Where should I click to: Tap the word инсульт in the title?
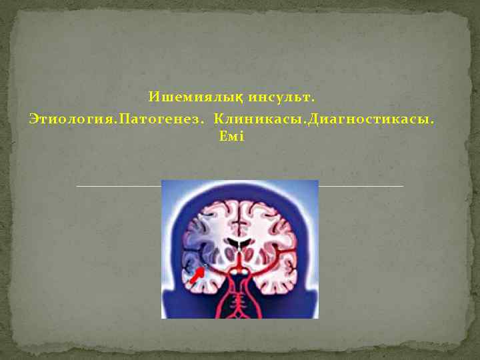tap(279, 99)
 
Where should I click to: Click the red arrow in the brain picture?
tap(196, 275)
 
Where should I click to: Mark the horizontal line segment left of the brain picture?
tap(119, 186)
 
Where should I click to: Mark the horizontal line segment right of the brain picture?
tap(361, 186)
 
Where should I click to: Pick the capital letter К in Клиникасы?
tap(219, 119)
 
